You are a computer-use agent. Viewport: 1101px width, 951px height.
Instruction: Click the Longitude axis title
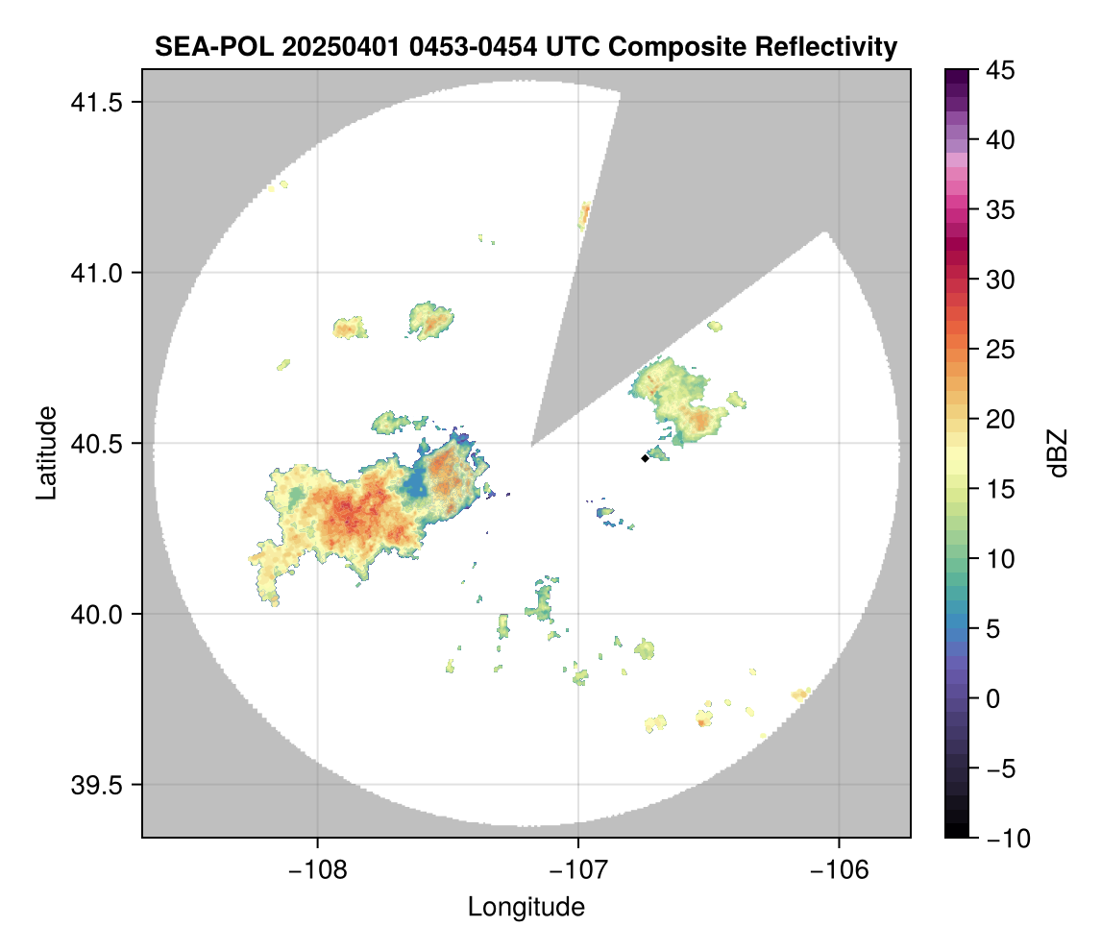point(526,906)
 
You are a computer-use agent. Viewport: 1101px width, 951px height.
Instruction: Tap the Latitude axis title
point(46,452)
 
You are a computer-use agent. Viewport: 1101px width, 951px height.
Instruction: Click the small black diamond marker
point(645,458)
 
